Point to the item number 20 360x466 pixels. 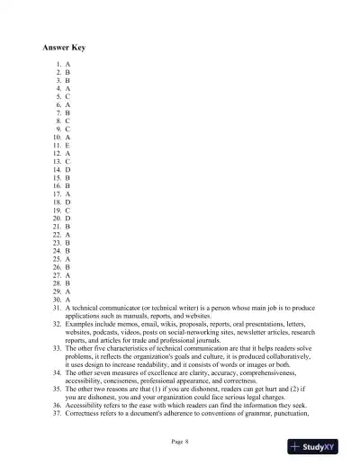click(x=56, y=218)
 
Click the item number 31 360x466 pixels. click(x=56, y=307)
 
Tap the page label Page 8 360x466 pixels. click(x=179, y=441)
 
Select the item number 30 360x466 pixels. click(x=56, y=299)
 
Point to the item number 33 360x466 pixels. click(x=56, y=347)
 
